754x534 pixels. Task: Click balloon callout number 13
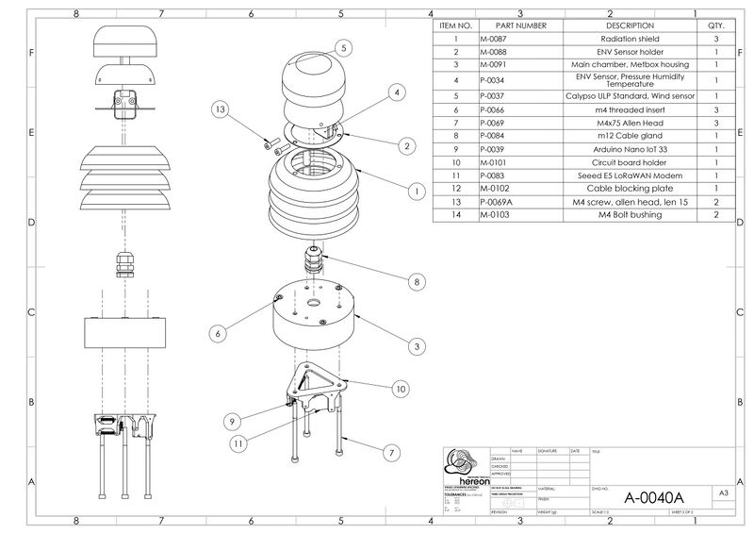tap(220, 110)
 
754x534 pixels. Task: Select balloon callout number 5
tap(343, 46)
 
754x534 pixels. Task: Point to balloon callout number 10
tap(401, 389)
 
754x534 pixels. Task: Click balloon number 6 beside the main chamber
tap(217, 333)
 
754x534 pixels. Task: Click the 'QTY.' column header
tap(715, 25)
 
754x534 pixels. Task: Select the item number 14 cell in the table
tap(454, 215)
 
